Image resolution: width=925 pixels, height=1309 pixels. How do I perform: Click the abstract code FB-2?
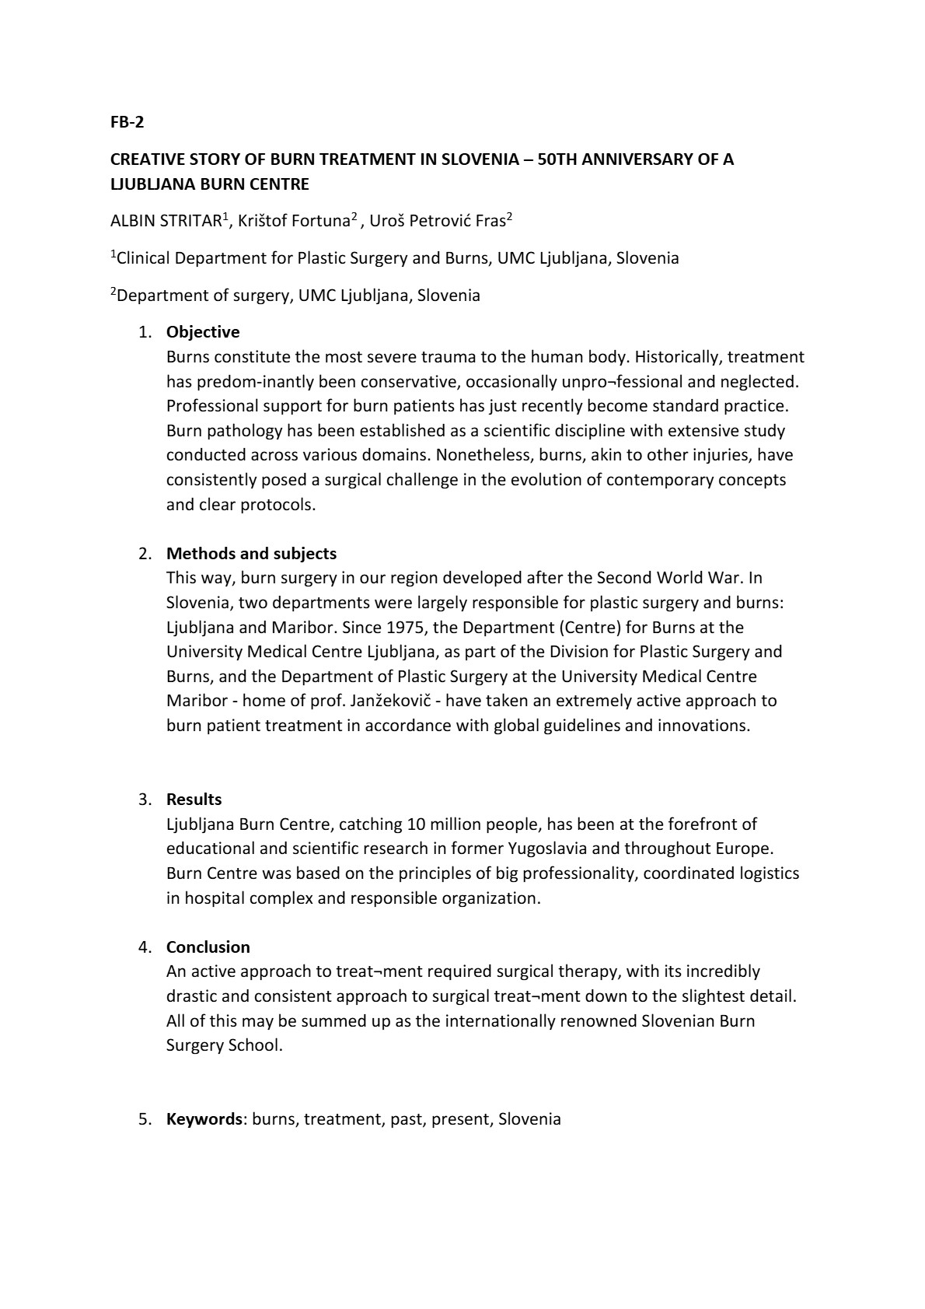point(127,122)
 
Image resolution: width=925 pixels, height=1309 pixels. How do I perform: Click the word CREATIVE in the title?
point(148,159)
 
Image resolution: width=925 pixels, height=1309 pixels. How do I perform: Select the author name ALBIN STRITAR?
point(166,221)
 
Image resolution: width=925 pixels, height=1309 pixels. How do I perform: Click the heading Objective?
point(203,332)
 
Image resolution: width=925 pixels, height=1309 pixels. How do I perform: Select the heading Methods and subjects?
point(251,554)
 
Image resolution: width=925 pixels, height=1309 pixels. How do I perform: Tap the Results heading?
point(194,800)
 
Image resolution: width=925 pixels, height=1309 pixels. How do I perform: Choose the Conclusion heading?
point(208,947)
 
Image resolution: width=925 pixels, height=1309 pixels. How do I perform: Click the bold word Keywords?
point(204,1119)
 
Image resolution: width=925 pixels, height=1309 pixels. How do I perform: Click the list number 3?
point(144,800)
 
